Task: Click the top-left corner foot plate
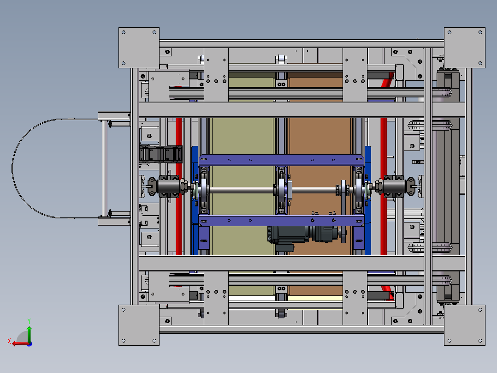pyautogui.click(x=139, y=48)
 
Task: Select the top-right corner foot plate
pyautogui.click(x=465, y=48)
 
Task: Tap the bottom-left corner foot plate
pyautogui.click(x=139, y=325)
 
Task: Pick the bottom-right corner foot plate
pyautogui.click(x=465, y=325)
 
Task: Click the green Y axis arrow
pyautogui.click(x=29, y=334)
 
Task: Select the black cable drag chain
pyautogui.click(x=161, y=154)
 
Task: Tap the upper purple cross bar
pyautogui.click(x=281, y=160)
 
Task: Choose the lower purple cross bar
pyautogui.click(x=281, y=220)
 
